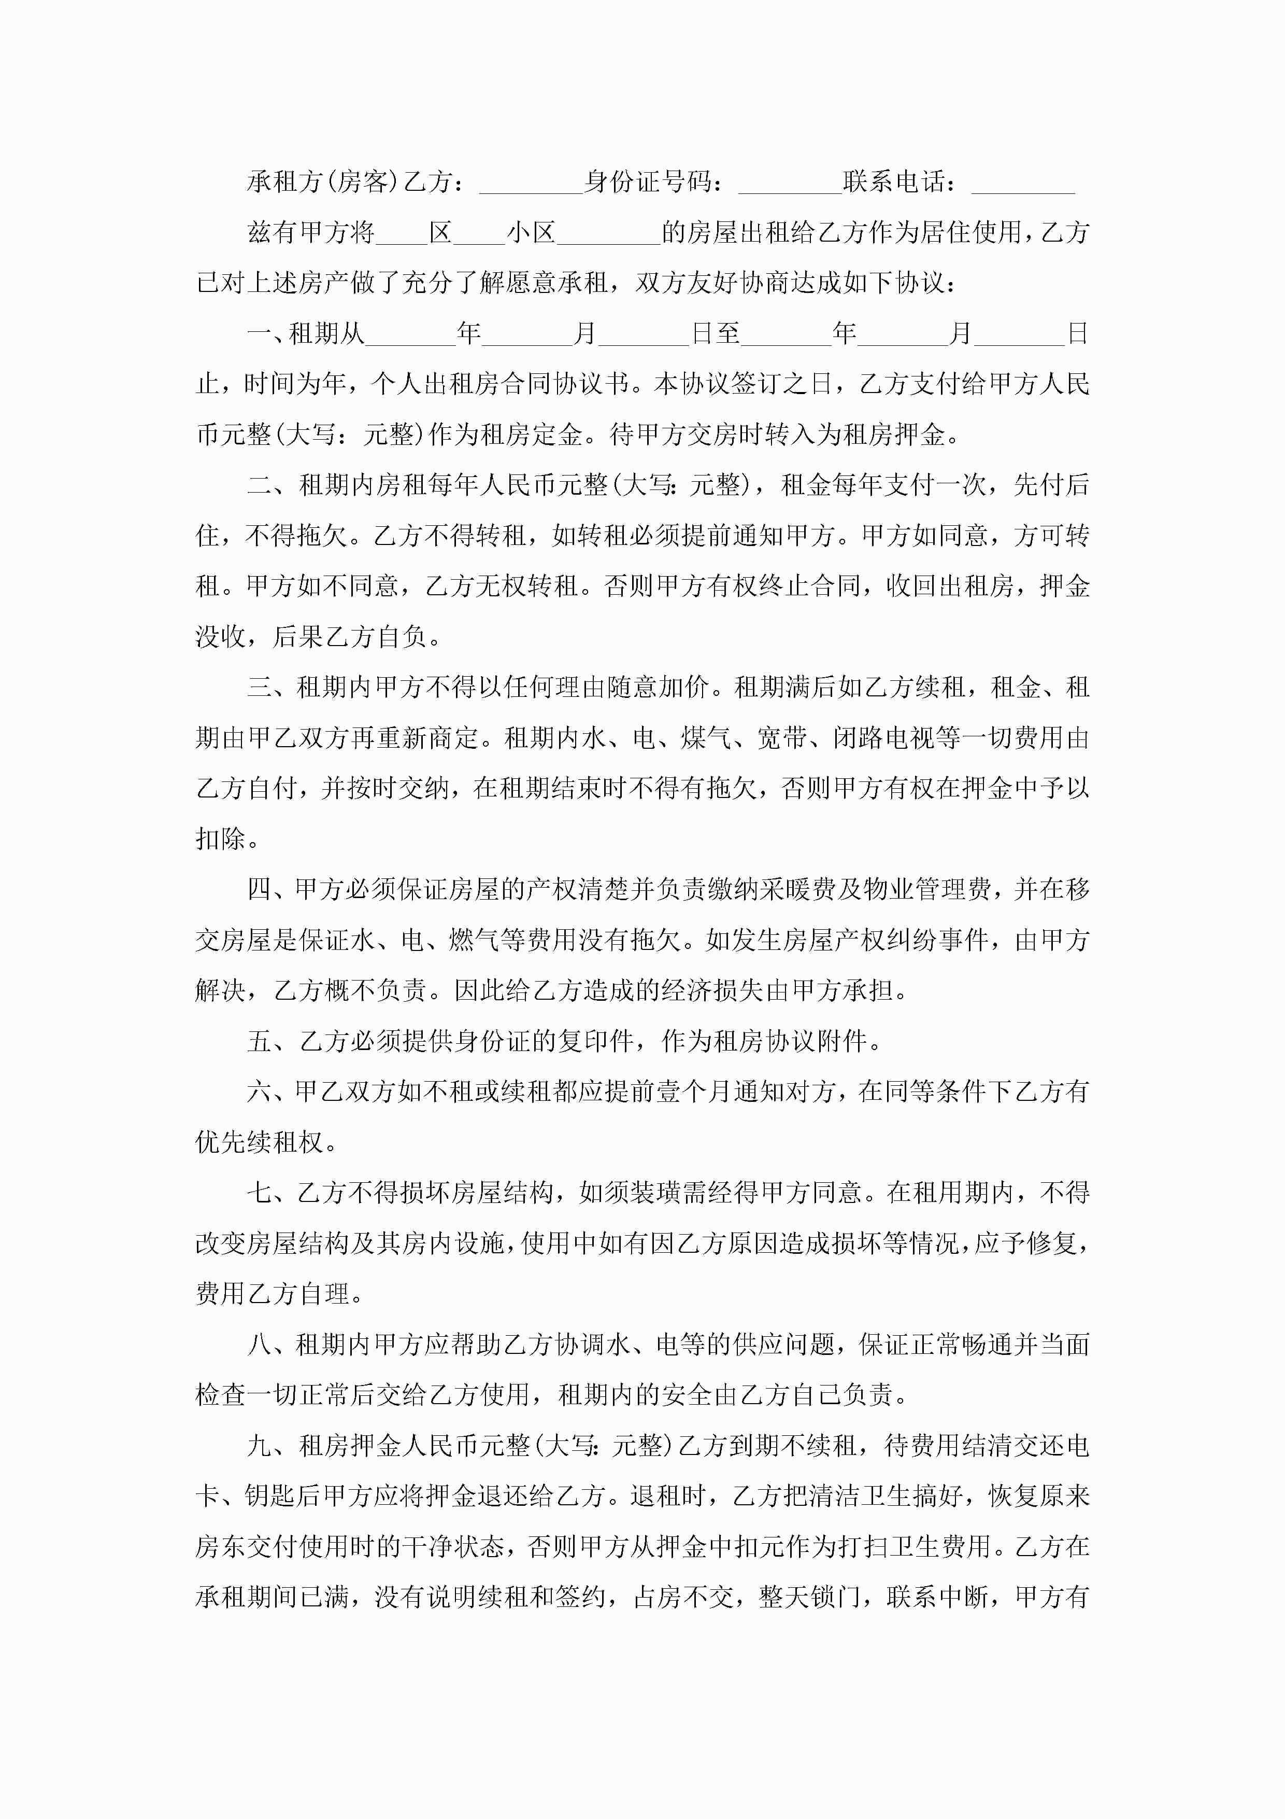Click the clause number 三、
click(271, 687)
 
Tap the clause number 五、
click(271, 1041)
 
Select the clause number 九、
click(271, 1446)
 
